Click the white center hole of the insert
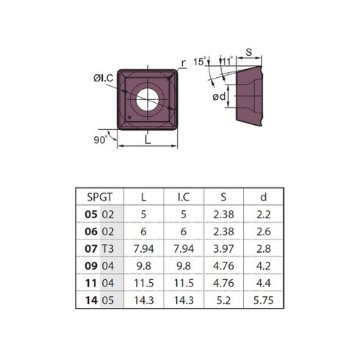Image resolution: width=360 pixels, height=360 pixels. point(148,100)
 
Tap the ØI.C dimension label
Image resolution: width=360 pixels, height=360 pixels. point(104,78)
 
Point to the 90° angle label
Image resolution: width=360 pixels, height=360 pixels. point(101,140)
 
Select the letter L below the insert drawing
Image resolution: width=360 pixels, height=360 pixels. point(148,140)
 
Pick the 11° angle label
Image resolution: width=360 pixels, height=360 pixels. point(227,61)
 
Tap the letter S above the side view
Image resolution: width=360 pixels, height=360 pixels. point(248,52)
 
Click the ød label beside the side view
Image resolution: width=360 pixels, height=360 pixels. point(219,96)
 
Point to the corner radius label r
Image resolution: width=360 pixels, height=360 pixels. point(184,63)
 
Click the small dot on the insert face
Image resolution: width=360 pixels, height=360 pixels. point(129,118)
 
